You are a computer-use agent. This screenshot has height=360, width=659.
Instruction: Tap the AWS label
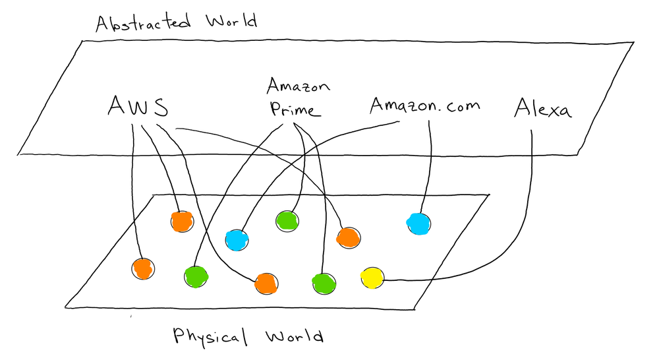(x=137, y=106)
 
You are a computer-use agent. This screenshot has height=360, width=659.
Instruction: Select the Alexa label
(x=542, y=107)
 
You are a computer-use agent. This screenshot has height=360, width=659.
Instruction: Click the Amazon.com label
(x=424, y=105)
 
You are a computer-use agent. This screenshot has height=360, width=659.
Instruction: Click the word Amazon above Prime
(x=298, y=86)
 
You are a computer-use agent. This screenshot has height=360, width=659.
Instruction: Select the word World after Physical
(x=294, y=338)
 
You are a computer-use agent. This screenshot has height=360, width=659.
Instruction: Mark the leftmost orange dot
(x=142, y=268)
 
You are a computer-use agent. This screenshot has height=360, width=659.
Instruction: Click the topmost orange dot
(x=182, y=222)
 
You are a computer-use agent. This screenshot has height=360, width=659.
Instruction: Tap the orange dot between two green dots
(x=266, y=282)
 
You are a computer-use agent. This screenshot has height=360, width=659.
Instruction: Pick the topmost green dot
(x=287, y=220)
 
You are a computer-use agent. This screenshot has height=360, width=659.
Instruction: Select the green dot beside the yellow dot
(x=324, y=282)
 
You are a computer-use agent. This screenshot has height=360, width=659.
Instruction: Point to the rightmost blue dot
(x=418, y=224)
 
